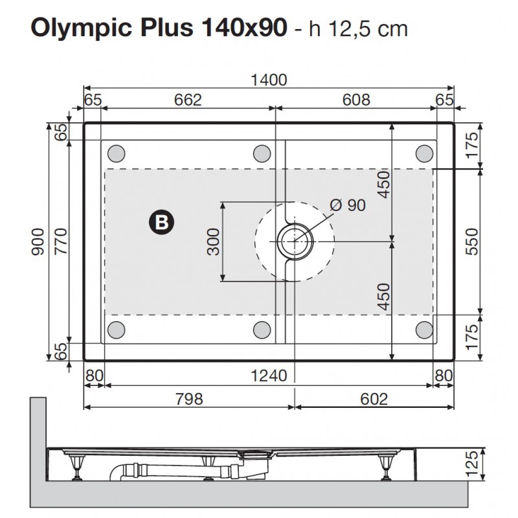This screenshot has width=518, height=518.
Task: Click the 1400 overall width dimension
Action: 268,80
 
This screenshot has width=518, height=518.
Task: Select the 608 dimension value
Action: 355,100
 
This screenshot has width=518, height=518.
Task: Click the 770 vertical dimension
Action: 60,241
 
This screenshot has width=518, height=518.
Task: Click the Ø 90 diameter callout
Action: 348,205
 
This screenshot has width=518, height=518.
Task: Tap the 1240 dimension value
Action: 268,376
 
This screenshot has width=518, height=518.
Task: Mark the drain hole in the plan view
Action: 295,242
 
